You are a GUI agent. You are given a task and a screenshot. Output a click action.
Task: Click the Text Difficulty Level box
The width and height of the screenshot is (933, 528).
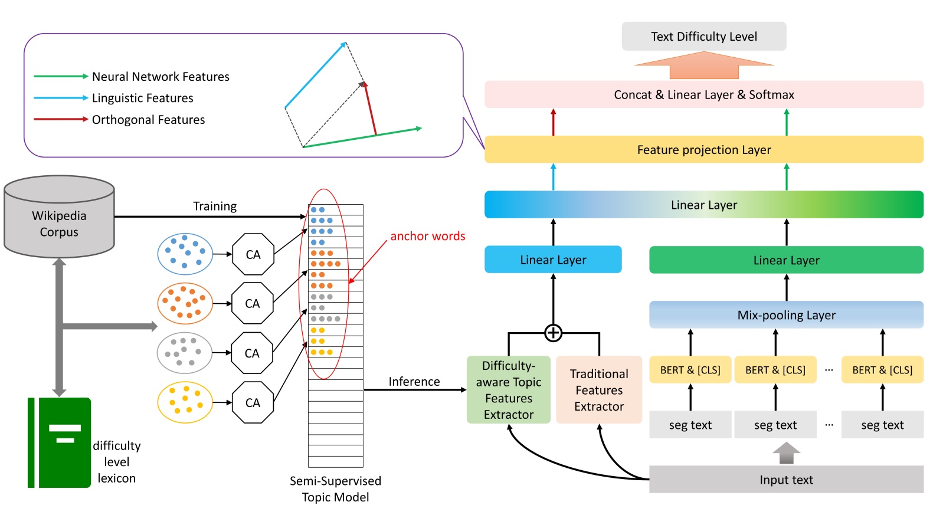[703, 37]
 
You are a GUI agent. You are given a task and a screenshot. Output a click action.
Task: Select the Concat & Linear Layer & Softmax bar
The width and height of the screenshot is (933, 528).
[703, 94]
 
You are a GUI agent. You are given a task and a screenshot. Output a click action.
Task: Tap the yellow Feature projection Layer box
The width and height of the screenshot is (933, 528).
[703, 150]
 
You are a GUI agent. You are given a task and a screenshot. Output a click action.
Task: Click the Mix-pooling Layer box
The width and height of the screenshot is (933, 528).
[786, 315]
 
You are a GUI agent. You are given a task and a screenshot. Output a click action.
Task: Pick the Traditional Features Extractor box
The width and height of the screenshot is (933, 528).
[599, 390]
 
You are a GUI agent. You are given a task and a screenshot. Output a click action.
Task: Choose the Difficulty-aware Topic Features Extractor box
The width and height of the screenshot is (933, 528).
[508, 390]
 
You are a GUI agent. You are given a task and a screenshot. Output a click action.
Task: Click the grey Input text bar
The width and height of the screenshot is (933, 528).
[786, 480]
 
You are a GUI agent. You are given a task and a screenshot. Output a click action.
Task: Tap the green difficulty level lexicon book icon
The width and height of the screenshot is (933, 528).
[60, 442]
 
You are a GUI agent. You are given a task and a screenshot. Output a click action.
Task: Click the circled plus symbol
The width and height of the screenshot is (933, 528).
[553, 333]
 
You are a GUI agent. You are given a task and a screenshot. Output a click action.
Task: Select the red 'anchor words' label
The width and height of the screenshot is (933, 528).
[428, 236]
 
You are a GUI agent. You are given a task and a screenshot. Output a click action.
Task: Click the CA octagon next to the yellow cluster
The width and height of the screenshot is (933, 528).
[253, 402]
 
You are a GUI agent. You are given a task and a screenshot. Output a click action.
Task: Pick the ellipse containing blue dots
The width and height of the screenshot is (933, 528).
[185, 254]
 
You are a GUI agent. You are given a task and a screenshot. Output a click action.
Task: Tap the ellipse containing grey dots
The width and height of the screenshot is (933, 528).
[185, 353]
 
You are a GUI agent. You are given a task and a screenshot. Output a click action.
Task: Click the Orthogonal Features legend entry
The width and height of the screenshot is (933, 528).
[148, 120]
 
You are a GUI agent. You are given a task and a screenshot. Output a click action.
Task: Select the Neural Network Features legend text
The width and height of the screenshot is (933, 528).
[161, 77]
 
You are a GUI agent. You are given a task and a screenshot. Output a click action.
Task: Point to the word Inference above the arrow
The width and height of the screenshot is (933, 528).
[414, 382]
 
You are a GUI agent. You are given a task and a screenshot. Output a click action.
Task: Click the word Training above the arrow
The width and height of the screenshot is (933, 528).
[215, 206]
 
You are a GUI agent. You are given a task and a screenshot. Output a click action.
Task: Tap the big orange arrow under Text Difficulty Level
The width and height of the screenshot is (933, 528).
[703, 65]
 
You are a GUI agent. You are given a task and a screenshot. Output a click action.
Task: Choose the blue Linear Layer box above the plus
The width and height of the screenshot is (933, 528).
[553, 260]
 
